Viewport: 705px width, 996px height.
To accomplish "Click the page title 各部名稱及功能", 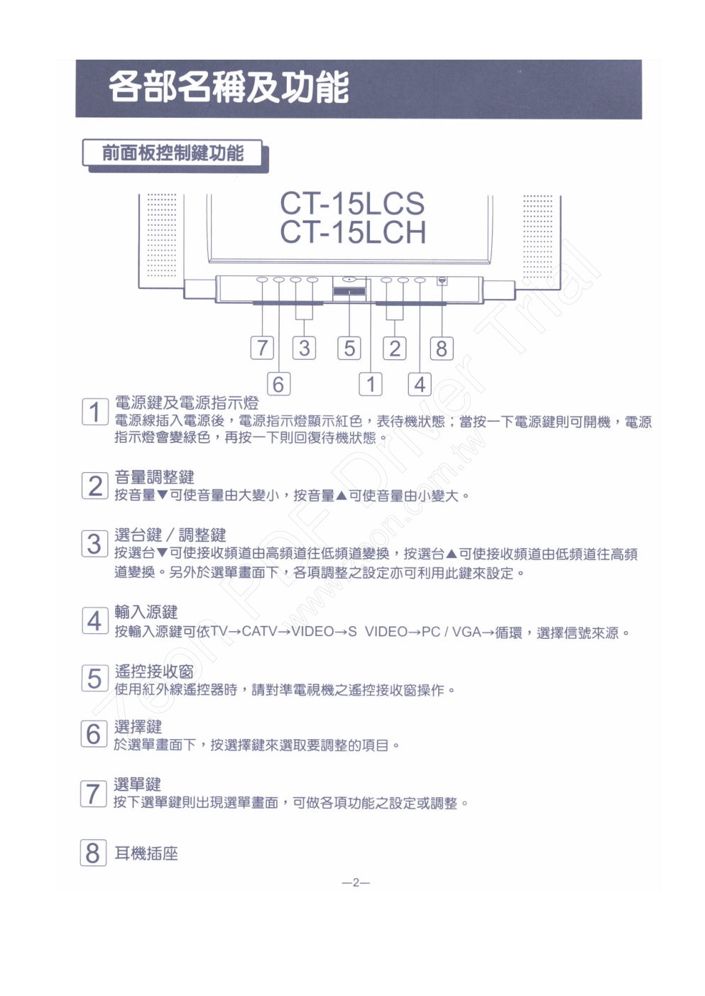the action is [x=229, y=87].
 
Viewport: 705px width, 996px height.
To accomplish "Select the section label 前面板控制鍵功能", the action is [x=173, y=153].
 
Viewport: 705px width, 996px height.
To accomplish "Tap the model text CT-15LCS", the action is [x=352, y=204].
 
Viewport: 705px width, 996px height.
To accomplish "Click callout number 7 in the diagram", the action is [x=263, y=348].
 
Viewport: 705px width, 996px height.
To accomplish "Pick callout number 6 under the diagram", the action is [x=278, y=384].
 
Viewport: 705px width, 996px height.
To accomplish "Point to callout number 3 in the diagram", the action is [x=305, y=348].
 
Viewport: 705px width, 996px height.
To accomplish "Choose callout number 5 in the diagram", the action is [x=349, y=348].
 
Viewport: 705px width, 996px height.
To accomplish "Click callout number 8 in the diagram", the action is [x=442, y=348].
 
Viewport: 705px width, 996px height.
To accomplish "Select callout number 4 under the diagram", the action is [x=420, y=384].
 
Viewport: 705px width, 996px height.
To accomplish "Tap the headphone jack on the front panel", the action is [x=442, y=280].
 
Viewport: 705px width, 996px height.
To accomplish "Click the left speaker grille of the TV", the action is [x=161, y=235].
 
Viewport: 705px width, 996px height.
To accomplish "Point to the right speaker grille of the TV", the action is [x=537, y=236].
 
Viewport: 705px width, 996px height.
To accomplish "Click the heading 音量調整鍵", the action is [x=154, y=477].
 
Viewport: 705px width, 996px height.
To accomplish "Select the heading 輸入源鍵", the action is [x=146, y=612].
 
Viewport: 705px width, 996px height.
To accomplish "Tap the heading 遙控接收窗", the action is [x=154, y=672].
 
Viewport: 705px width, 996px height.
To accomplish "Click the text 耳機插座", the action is [x=146, y=853].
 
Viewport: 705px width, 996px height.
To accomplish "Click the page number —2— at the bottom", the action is [x=356, y=882].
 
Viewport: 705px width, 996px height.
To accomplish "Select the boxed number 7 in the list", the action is [x=94, y=794].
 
